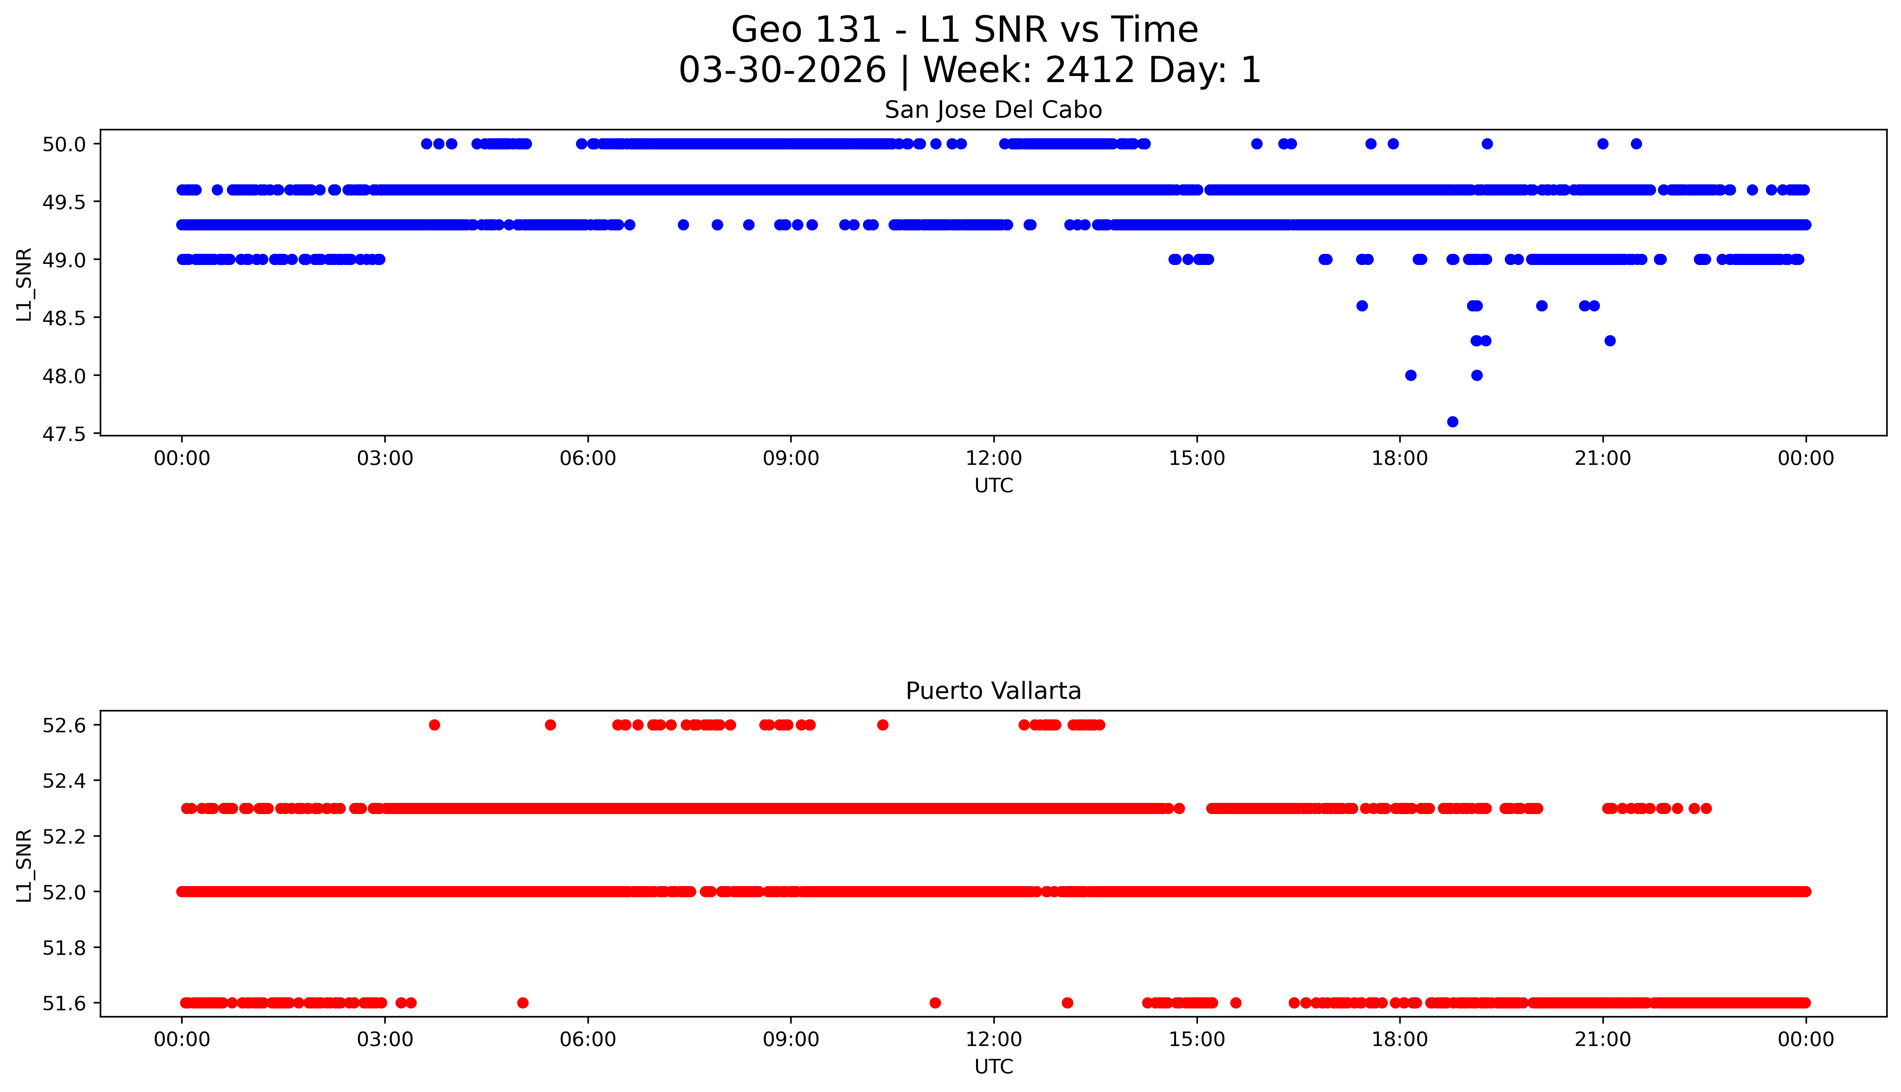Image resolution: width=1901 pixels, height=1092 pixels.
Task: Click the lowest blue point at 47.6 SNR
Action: [1452, 422]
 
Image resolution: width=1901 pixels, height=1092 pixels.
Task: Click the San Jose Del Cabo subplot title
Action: [993, 110]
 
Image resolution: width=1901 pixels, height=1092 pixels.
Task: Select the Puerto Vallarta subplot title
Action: [993, 691]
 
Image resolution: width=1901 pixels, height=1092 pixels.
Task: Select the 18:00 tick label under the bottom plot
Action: [1400, 1039]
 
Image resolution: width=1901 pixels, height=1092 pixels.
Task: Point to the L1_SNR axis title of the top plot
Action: [25, 285]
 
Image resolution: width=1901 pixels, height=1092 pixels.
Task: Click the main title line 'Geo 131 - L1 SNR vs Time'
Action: [965, 30]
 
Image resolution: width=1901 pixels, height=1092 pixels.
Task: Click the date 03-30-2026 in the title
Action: [782, 71]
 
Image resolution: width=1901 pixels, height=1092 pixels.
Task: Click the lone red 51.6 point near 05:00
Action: [523, 1003]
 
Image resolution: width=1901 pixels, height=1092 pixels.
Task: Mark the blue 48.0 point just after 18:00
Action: [1410, 375]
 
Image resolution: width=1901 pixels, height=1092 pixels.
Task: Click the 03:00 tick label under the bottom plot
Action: [385, 1039]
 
